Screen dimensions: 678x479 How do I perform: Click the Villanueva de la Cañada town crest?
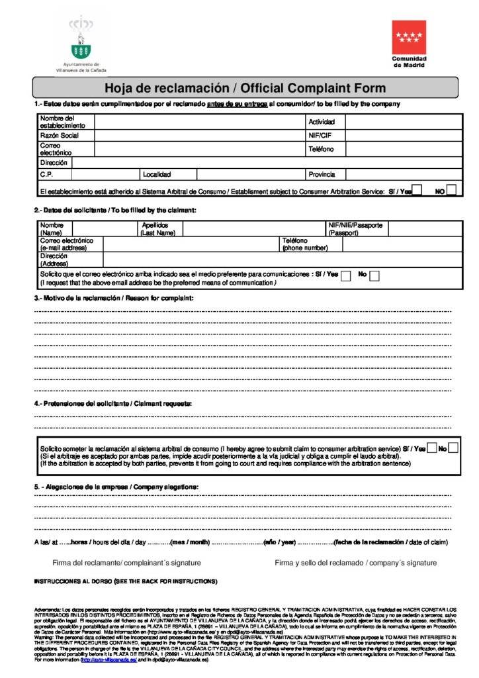pos(81,38)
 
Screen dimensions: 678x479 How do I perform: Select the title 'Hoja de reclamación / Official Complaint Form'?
pos(245,88)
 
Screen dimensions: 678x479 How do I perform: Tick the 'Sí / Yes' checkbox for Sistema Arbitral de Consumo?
pos(417,191)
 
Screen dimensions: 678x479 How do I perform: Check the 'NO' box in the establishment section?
pos(451,191)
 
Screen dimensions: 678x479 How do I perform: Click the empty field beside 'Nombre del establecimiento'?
pos(199,122)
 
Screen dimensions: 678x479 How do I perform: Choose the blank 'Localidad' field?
pos(251,175)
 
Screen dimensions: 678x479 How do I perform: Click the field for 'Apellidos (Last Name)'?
pos(254,229)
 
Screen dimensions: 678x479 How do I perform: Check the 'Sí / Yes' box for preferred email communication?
pos(346,276)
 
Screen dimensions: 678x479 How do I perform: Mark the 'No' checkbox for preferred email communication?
pos(374,276)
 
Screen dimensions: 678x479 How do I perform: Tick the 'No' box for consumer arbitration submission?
pos(453,449)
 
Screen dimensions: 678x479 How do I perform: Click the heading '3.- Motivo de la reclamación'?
pos(114,299)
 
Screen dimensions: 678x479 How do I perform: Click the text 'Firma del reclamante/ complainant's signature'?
pos(126,563)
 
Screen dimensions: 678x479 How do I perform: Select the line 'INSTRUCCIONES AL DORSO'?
pos(125,581)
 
